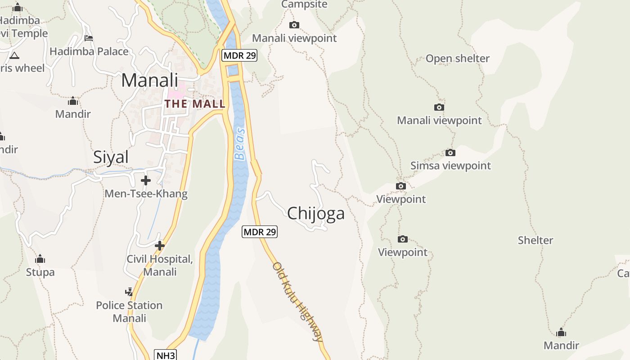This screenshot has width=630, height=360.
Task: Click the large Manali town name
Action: [x=149, y=80]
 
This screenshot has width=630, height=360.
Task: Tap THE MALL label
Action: [x=195, y=104]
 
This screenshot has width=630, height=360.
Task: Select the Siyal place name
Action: [x=111, y=157]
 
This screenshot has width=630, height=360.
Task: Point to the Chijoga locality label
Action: [x=316, y=213]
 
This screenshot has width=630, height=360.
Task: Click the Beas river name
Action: [x=241, y=144]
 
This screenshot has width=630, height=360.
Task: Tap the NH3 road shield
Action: [x=165, y=355]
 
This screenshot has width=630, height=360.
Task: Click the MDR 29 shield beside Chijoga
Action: [x=260, y=232]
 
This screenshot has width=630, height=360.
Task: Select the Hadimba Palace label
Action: [x=89, y=51]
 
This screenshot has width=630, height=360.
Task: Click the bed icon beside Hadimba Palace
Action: [x=89, y=38]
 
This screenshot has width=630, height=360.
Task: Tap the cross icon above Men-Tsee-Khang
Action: [x=145, y=180]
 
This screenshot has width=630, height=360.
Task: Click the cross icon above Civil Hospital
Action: [x=159, y=246]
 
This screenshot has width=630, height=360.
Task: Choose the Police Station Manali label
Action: [x=129, y=311]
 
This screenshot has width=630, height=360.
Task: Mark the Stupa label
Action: [x=40, y=272]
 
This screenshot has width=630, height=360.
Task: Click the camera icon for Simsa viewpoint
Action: [x=450, y=153]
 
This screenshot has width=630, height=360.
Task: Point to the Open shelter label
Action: [x=457, y=58]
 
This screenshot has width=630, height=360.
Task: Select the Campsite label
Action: [x=304, y=4]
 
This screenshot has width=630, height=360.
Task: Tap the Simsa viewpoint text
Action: [x=450, y=166]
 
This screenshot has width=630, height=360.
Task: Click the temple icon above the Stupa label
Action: [x=40, y=259]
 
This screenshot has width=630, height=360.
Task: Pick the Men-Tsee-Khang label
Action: [x=146, y=194]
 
